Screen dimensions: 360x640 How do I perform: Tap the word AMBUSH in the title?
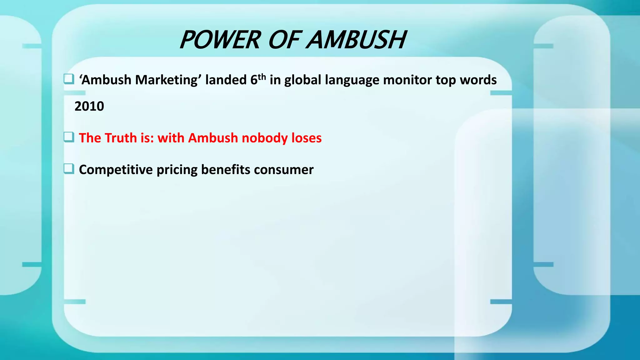(356, 40)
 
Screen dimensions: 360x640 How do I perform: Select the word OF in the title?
(284, 40)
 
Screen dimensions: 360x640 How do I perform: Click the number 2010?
(89, 107)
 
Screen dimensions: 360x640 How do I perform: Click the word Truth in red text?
(121, 138)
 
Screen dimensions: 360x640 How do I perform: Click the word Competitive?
(116, 170)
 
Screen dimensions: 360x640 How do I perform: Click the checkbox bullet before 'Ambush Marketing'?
(69, 79)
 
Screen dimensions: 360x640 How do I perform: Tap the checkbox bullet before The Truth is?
(69, 137)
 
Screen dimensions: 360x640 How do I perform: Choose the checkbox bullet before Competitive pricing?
(69, 169)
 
